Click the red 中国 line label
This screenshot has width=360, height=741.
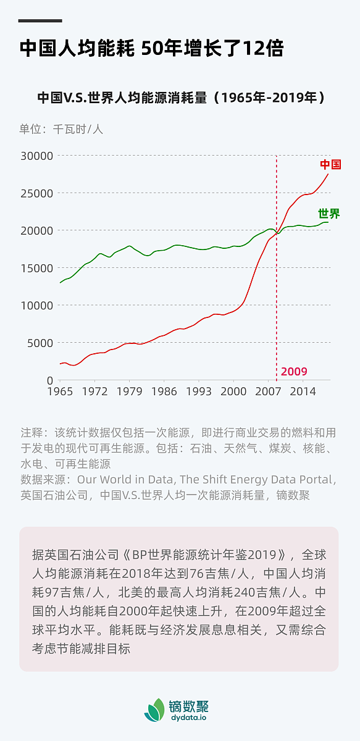point(330,164)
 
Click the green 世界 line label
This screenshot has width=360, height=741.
point(329,214)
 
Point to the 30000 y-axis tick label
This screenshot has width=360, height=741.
point(37,156)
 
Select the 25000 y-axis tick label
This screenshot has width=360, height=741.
point(37,193)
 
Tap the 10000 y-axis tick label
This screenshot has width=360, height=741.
point(37,306)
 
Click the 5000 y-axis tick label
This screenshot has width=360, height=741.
point(40,343)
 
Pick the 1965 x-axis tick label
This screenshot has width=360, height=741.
point(60,391)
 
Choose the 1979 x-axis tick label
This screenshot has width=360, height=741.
point(129,391)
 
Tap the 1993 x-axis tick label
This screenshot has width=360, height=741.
point(198,391)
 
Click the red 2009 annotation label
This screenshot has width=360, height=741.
point(294,372)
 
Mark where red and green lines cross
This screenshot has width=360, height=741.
point(278,233)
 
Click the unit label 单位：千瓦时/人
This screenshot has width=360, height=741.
point(61,129)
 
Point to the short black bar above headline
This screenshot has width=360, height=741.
point(40,20)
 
